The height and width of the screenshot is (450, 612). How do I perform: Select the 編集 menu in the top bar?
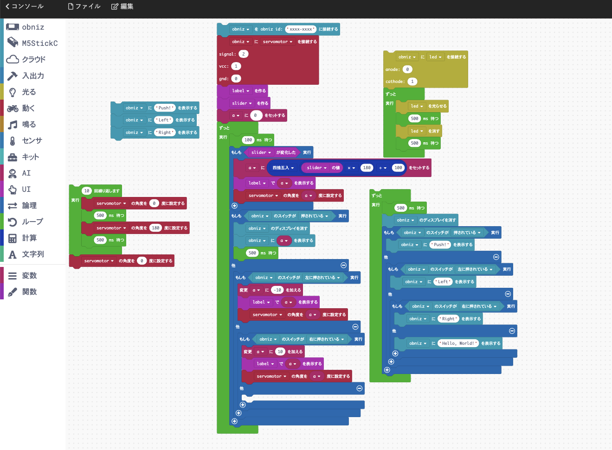pyautogui.click(x=122, y=6)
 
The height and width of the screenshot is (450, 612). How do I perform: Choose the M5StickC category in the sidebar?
pyautogui.click(x=39, y=43)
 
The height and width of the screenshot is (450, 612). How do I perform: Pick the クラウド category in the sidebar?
pyautogui.click(x=33, y=59)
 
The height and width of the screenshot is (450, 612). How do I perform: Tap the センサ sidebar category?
pyautogui.click(x=32, y=140)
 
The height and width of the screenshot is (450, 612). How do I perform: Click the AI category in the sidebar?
pyautogui.click(x=26, y=173)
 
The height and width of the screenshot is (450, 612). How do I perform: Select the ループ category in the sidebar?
pyautogui.click(x=32, y=222)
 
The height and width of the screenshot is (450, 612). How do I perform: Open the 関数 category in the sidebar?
pyautogui.click(x=29, y=292)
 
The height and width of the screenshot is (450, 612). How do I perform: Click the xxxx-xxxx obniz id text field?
pyautogui.click(x=301, y=29)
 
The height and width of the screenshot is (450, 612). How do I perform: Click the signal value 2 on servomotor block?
pyautogui.click(x=243, y=54)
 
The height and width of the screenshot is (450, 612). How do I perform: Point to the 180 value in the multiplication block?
pyautogui.click(x=367, y=168)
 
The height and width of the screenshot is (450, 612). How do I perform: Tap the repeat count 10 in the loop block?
pyautogui.click(x=87, y=191)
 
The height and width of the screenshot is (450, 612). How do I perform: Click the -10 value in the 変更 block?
pyautogui.click(x=277, y=290)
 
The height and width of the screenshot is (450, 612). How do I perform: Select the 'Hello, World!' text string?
pyautogui.click(x=459, y=343)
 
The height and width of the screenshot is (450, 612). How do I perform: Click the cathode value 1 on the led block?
pyautogui.click(x=412, y=82)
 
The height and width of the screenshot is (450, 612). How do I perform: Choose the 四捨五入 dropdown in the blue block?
pyautogui.click(x=283, y=168)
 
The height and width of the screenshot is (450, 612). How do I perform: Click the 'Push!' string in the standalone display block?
pyautogui.click(x=165, y=108)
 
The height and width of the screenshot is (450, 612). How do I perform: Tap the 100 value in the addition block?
pyautogui.click(x=398, y=168)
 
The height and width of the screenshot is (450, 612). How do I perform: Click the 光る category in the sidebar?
pyautogui.click(x=29, y=92)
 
